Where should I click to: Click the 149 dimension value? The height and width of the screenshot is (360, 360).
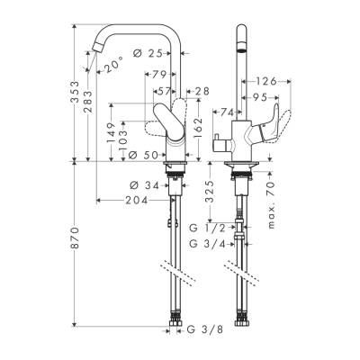[111, 134]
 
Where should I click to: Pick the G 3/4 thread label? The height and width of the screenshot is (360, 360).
[208, 244]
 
